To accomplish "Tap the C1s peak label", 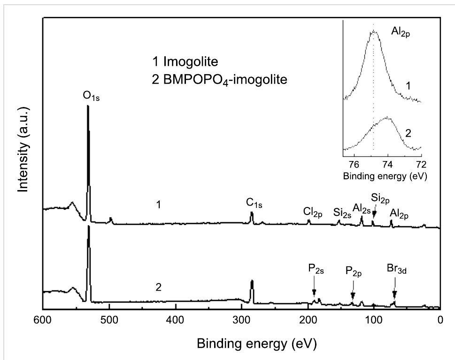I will [x=254, y=203].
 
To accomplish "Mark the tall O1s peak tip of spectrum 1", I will [x=88, y=106].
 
